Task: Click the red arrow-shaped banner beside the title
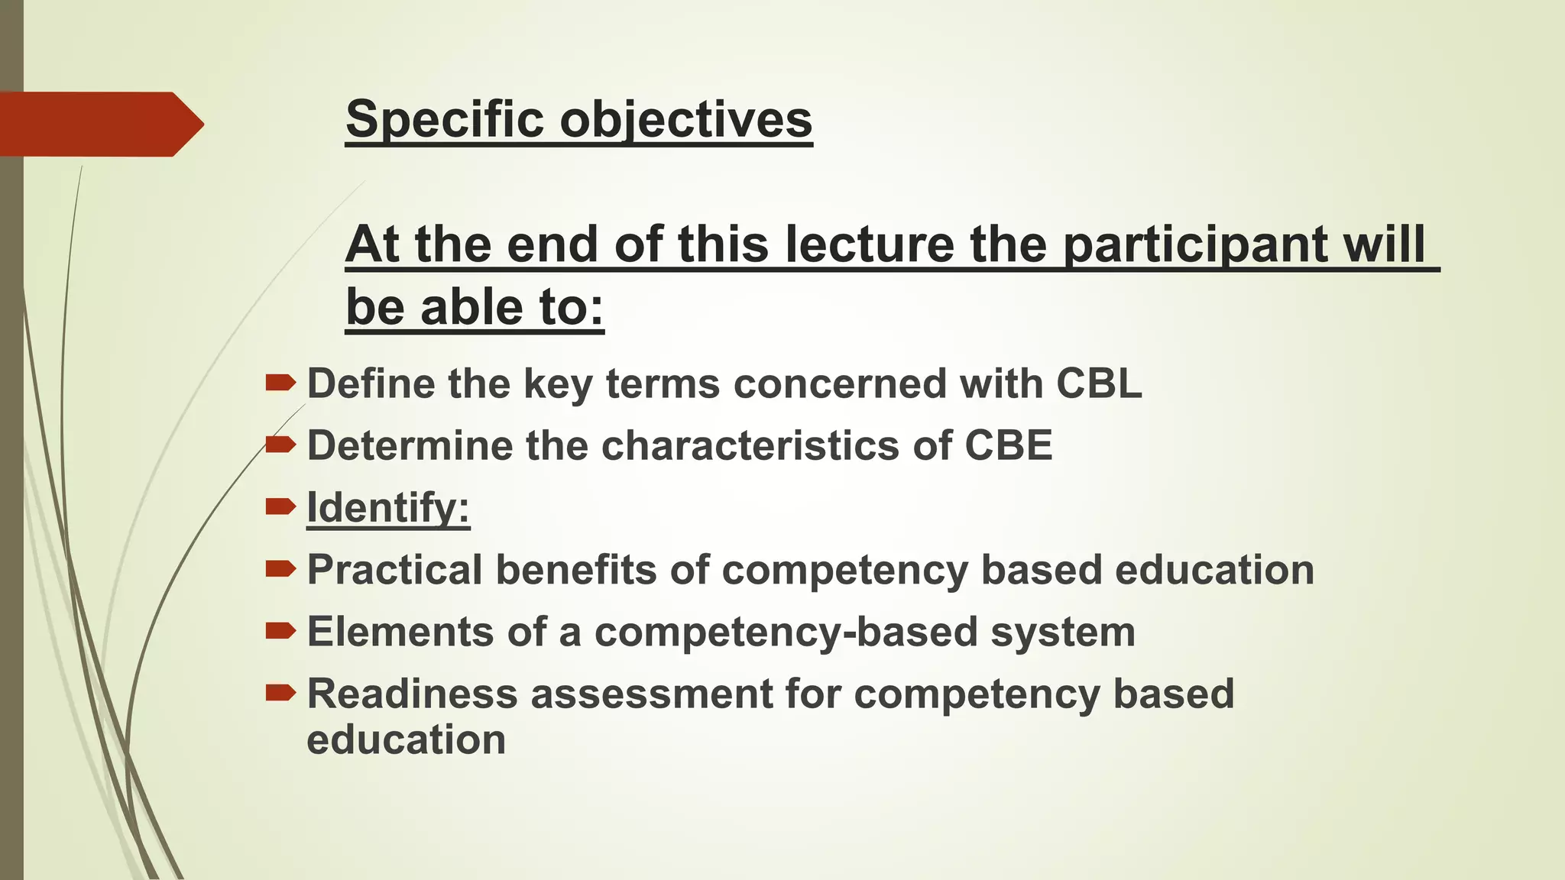coord(99,125)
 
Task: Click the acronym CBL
coord(1099,383)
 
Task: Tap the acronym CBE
coord(1008,445)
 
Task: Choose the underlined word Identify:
coord(388,507)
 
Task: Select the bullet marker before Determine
coord(280,444)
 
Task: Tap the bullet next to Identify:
coord(280,506)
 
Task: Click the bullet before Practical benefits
coord(280,568)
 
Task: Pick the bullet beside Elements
coord(280,630)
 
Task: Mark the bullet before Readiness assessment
coord(280,692)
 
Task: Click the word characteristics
coord(750,445)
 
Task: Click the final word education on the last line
coord(406,740)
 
